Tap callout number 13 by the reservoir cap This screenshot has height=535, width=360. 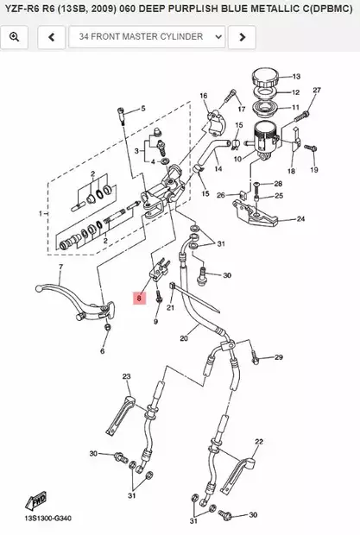coord(295,76)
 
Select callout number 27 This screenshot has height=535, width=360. coord(316,91)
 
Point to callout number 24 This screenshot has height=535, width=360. coord(300,219)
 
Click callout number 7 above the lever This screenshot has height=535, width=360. coord(60,267)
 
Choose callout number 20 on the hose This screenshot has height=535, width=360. coord(183,339)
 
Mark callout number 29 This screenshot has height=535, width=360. coord(279,357)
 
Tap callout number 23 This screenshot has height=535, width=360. coord(126,377)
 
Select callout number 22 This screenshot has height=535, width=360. coord(258,441)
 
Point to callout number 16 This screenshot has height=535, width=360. coord(204,96)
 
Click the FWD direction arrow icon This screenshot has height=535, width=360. coord(39,501)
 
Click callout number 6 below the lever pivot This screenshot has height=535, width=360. coord(102,351)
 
